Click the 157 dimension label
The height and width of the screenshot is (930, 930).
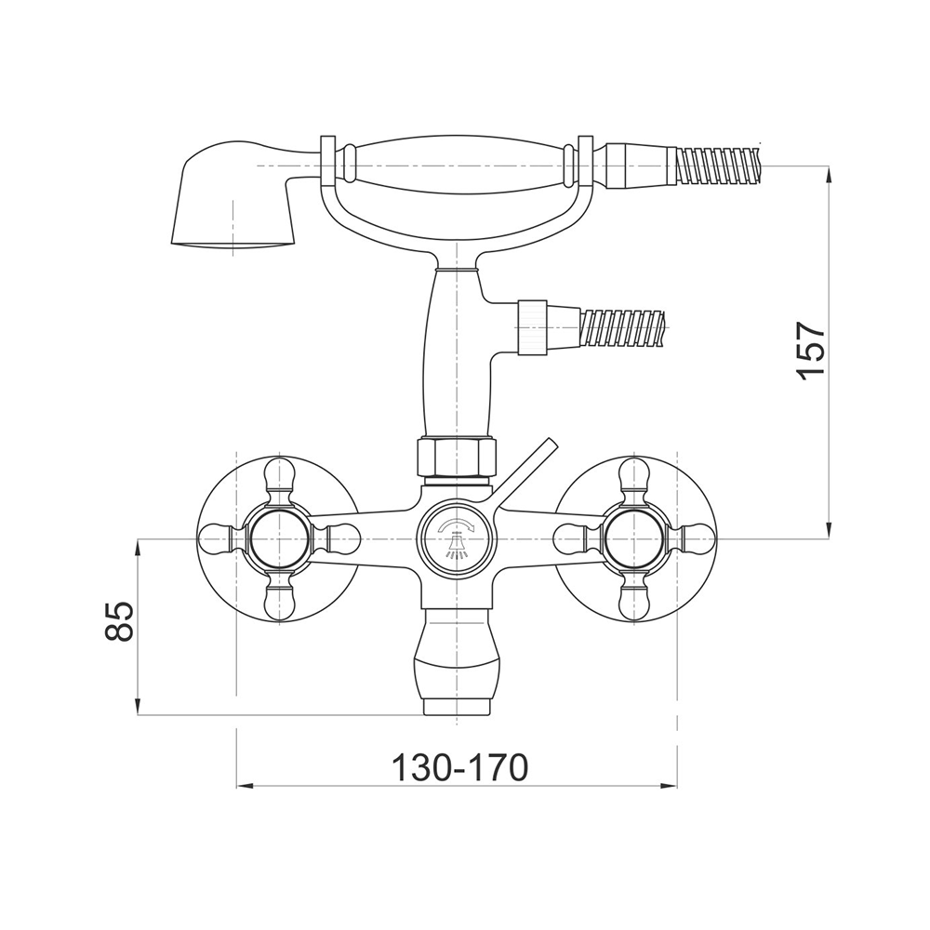[811, 351]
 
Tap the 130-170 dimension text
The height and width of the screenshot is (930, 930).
[459, 769]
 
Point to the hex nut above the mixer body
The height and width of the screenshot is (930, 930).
[457, 456]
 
